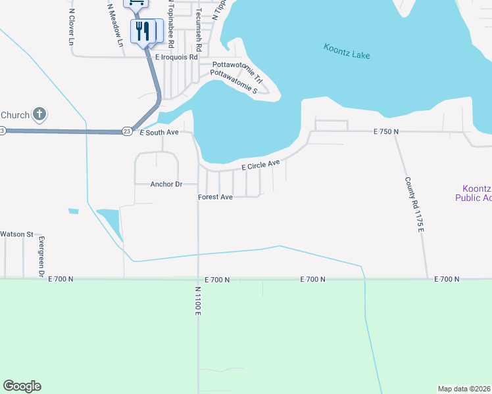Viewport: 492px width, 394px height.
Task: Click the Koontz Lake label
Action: [x=347, y=52]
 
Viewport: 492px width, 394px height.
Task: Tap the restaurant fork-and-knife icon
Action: [x=143, y=31]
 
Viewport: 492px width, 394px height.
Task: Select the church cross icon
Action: [x=39, y=115]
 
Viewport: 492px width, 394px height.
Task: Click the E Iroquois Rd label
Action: [x=176, y=58]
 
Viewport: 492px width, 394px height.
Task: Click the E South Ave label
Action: [x=159, y=133]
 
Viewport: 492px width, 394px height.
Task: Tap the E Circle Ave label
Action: [x=261, y=165]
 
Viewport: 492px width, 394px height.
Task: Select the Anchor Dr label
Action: [x=166, y=185]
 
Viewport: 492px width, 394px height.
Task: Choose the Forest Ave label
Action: [x=216, y=197]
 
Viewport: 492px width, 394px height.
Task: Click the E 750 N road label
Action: [x=386, y=132]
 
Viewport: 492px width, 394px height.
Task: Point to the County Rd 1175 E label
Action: [x=413, y=204]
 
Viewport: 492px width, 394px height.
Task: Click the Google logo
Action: [x=22, y=386]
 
